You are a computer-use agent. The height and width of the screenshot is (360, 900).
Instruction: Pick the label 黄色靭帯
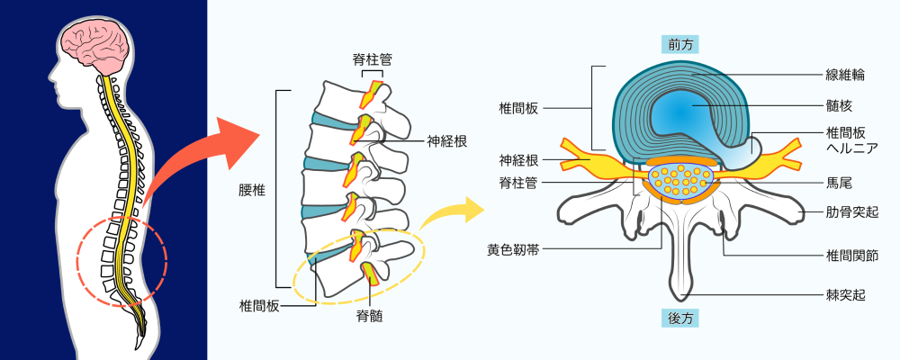point(511,250)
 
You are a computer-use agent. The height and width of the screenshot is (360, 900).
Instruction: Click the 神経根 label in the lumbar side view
point(446,140)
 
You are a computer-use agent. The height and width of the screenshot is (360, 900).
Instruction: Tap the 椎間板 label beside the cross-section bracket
point(519,107)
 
